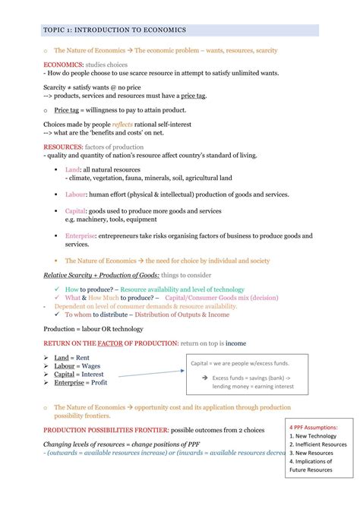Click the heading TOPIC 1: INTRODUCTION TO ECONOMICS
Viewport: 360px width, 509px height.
click(115, 30)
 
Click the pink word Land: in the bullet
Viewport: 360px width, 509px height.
click(73, 169)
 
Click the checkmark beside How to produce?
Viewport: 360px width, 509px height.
click(58, 289)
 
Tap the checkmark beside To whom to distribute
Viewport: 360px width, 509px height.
click(58, 314)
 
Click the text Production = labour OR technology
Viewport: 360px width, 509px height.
click(93, 329)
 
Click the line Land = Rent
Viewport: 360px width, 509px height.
click(72, 357)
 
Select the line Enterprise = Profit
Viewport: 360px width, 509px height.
click(81, 382)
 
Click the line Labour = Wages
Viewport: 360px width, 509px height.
click(77, 365)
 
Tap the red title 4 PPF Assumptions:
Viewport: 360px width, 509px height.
click(314, 428)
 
